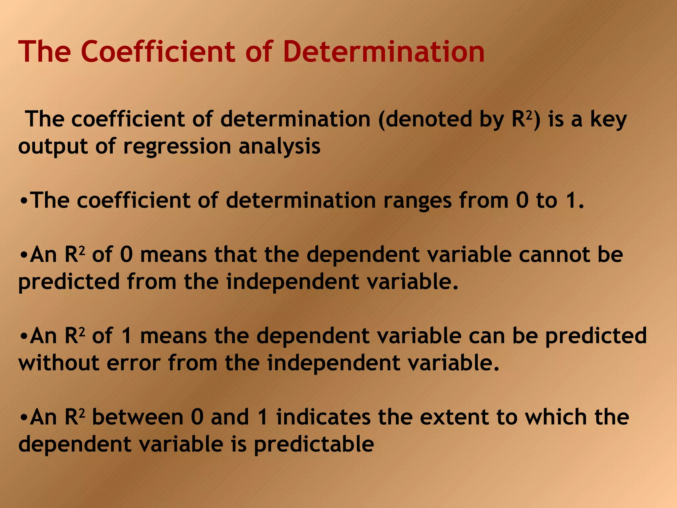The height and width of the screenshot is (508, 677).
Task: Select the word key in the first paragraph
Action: (608, 120)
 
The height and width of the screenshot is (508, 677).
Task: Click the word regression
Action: (177, 147)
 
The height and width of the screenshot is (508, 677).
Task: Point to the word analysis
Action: (279, 147)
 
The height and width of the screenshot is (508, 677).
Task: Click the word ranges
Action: (417, 201)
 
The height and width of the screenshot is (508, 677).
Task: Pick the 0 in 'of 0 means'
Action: (126, 255)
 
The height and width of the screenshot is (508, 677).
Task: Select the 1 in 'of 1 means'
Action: (127, 336)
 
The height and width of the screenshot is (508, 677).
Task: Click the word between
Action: (138, 417)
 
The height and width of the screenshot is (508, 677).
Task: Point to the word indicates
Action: (323, 417)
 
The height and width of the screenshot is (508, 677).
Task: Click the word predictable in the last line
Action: (314, 444)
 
